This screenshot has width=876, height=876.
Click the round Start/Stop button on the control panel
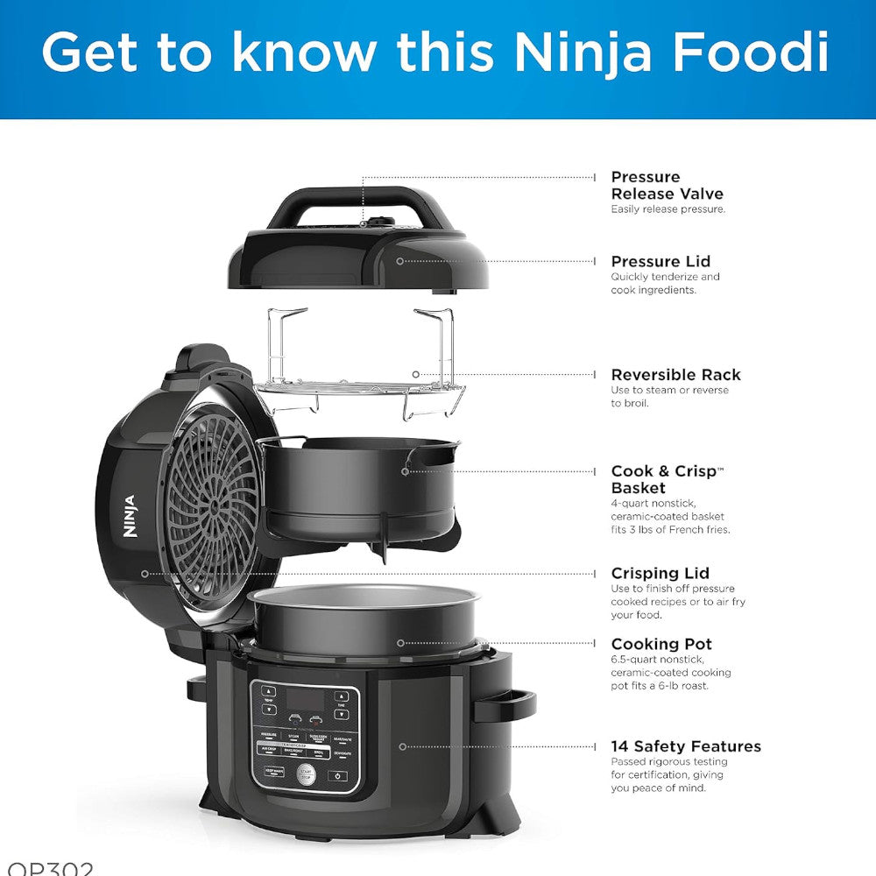(x=305, y=774)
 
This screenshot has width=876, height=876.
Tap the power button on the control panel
(x=338, y=776)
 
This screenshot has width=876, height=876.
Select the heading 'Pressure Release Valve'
(x=668, y=186)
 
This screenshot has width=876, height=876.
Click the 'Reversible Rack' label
(x=676, y=375)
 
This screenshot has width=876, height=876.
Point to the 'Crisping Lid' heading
(x=661, y=574)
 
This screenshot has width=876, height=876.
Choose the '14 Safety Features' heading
(x=686, y=746)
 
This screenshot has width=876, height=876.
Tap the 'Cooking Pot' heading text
(x=661, y=644)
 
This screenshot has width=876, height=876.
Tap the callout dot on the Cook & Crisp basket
(x=405, y=471)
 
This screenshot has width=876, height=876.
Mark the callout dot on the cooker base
(x=403, y=746)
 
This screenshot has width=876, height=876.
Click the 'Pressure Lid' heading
(x=661, y=261)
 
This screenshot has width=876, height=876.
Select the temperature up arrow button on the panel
(x=268, y=690)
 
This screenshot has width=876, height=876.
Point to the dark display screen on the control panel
(x=306, y=700)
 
